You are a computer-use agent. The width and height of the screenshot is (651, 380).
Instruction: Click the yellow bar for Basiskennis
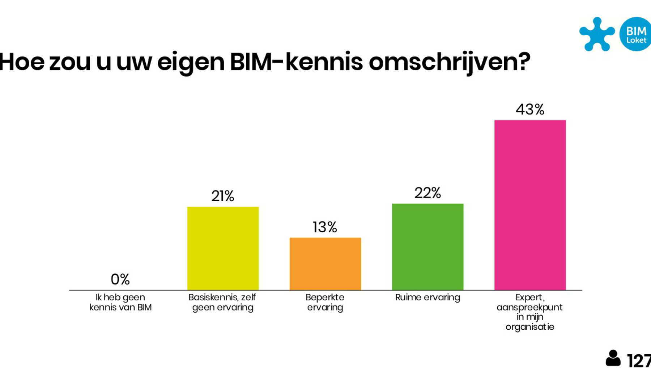[x=223, y=248]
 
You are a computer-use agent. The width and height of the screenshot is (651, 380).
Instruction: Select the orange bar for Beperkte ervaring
[x=325, y=264]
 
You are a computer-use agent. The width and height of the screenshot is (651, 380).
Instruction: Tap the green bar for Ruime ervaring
[x=427, y=247]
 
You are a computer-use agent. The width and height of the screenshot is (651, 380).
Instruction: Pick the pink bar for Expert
[x=530, y=205]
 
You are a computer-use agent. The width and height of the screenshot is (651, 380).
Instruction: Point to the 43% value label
[x=530, y=109]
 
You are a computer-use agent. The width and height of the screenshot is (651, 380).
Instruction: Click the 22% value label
[x=427, y=193]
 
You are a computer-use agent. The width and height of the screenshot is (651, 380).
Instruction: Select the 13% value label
[x=325, y=227]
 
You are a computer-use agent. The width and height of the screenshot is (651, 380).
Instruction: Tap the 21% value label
[x=223, y=196]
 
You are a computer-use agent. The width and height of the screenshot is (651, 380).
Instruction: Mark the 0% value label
[x=120, y=279]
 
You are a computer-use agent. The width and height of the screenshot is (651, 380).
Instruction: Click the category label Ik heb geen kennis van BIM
[x=120, y=302]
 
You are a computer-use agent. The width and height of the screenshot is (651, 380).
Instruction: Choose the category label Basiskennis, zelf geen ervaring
[x=222, y=302]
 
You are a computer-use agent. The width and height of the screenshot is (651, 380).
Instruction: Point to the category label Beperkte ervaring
[x=325, y=302]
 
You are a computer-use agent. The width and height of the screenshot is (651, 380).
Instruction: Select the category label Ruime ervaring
[x=427, y=297]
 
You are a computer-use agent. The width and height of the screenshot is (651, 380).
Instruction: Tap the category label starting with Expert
[x=530, y=312]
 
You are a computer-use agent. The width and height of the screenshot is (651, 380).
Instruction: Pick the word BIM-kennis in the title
[x=296, y=62]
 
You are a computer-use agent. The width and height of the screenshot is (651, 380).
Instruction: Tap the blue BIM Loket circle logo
[x=636, y=34]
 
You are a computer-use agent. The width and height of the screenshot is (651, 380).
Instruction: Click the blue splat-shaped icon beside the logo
[x=597, y=34]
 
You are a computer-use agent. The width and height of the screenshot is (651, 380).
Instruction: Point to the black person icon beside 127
[x=613, y=358]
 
